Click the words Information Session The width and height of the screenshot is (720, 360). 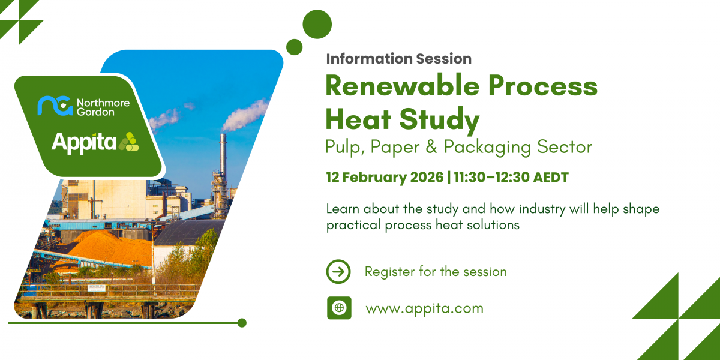pos(398,59)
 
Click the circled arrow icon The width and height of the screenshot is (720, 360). pos(338,271)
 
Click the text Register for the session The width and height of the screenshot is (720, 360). pos(436,271)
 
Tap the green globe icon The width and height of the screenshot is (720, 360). pos(339,308)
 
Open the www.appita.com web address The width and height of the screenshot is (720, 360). pos(424,308)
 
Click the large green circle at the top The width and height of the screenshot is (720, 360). pos(317,25)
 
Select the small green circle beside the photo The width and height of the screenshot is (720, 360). pos(294,47)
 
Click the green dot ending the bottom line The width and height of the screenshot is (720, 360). pos(242,323)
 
